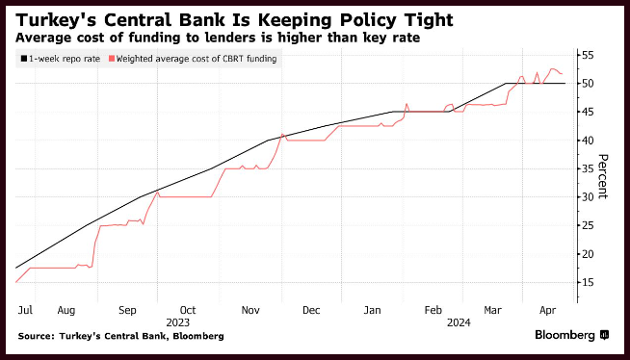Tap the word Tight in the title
428,20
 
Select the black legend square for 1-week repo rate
24,59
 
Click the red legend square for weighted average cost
112,59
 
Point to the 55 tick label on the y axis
587,56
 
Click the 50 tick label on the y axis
587,84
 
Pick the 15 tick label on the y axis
587,283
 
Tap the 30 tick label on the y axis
587,197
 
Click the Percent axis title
603,176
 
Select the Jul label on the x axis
25,310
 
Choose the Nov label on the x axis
250,310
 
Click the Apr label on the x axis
547,310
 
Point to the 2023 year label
177,322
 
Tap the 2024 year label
459,322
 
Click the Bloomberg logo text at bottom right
564,335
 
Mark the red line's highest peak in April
553,69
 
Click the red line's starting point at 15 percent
16,283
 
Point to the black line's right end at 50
564,84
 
